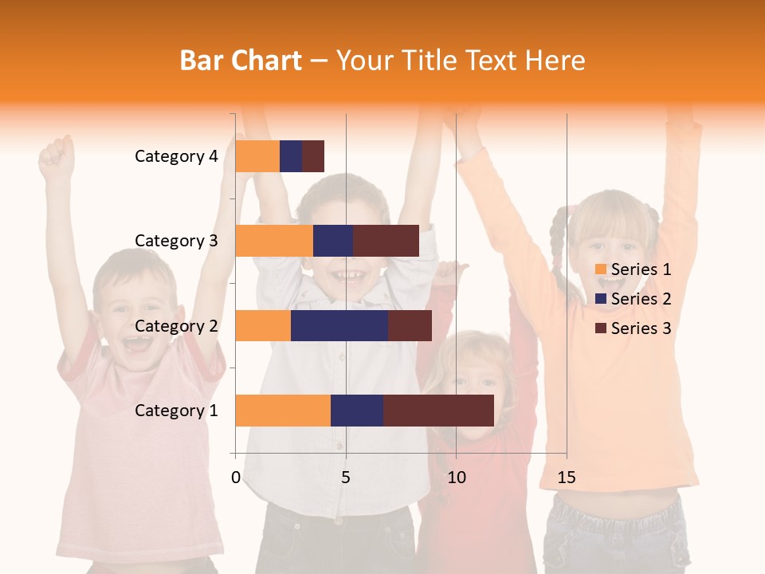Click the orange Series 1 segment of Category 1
[x=283, y=411]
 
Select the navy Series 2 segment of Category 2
[x=339, y=325]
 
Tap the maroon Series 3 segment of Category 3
[x=386, y=241]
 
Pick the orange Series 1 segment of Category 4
[x=257, y=156]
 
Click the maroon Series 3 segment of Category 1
[x=438, y=411]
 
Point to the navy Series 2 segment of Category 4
[x=291, y=156]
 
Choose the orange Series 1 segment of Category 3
[x=274, y=241]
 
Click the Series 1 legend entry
[x=633, y=269]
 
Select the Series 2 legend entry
[x=633, y=299]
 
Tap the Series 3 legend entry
[x=633, y=328]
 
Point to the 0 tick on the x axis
[x=236, y=478]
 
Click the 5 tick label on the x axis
[x=346, y=478]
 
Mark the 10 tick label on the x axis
[x=456, y=478]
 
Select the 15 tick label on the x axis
[x=566, y=478]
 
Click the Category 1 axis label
[x=176, y=411]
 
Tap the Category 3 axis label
[x=176, y=241]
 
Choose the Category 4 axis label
[x=176, y=156]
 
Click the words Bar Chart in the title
[x=241, y=60]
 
